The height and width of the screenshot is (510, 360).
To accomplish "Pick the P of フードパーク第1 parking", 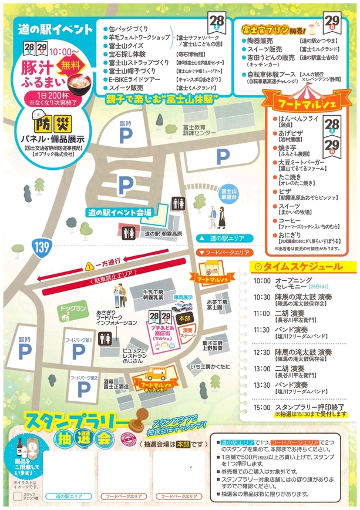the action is pos(79,352).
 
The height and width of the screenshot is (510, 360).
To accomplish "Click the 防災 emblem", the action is pos(52,123).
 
